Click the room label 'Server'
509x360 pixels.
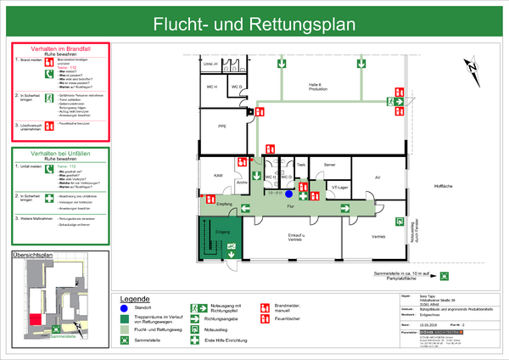(x=330, y=164)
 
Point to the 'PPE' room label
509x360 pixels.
(x=222, y=127)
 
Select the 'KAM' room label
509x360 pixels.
(x=217, y=174)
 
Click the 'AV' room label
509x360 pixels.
(x=377, y=177)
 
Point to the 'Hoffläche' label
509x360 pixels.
(x=445, y=184)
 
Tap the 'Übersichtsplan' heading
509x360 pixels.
(x=33, y=254)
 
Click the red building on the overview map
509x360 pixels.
(x=35, y=318)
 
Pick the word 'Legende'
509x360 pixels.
(x=135, y=300)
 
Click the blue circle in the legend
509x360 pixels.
(x=125, y=308)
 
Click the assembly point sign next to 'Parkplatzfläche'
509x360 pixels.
(x=445, y=276)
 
